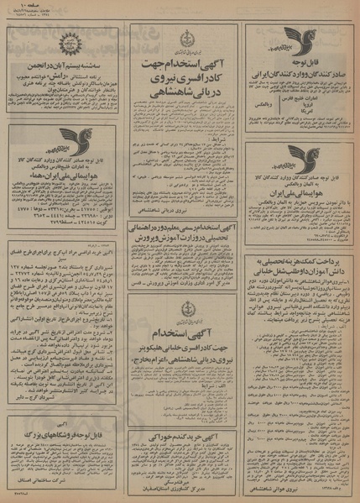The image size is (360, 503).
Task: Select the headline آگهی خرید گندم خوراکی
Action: pos(185,413)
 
